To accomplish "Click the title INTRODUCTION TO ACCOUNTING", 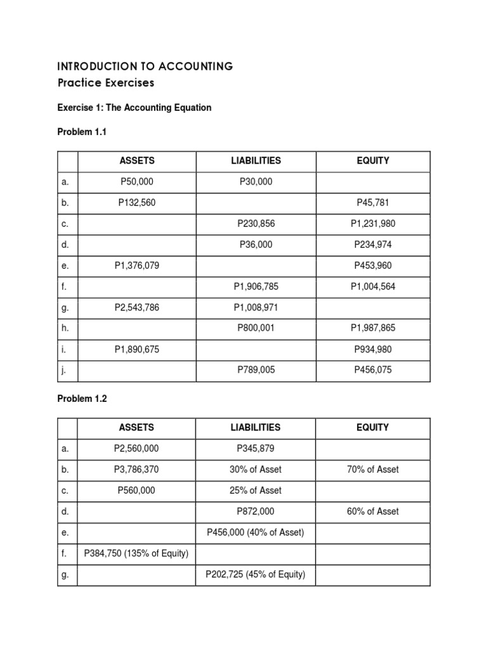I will (145, 66).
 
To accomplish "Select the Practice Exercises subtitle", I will (106, 82).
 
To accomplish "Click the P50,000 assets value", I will (137, 182).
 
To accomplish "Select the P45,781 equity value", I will (373, 203).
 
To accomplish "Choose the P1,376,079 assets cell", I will (137, 266).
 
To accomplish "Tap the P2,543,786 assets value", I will (137, 307).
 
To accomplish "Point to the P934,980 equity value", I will (373, 349).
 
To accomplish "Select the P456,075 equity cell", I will (373, 370).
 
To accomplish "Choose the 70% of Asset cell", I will (373, 470).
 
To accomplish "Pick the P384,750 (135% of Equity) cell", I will (137, 553).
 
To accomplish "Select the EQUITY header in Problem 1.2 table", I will (373, 428).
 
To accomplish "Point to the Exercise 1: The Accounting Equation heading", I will (134, 108).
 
